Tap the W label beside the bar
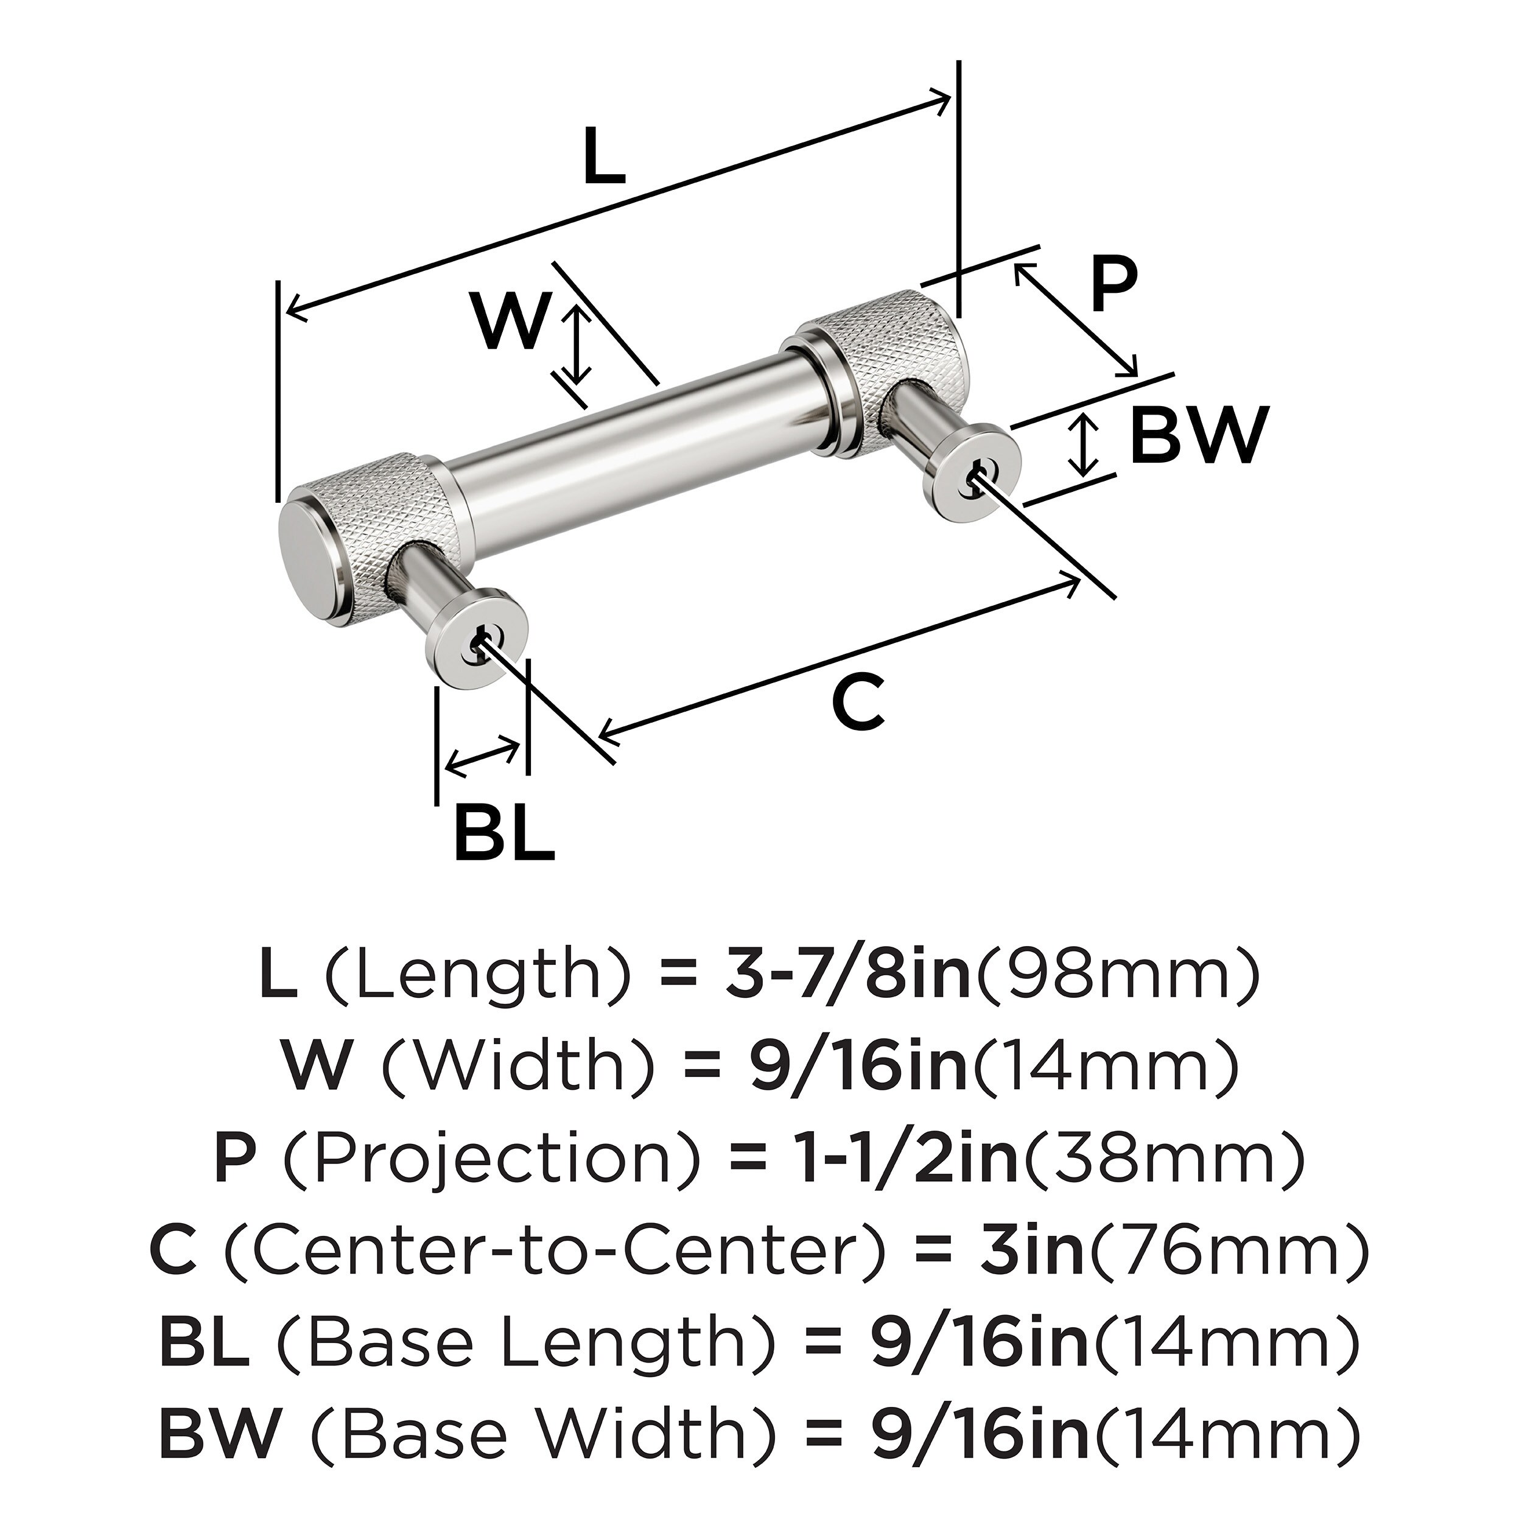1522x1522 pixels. [x=511, y=321]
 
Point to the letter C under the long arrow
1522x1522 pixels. [x=858, y=702]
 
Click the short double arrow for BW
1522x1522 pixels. [x=1086, y=446]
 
